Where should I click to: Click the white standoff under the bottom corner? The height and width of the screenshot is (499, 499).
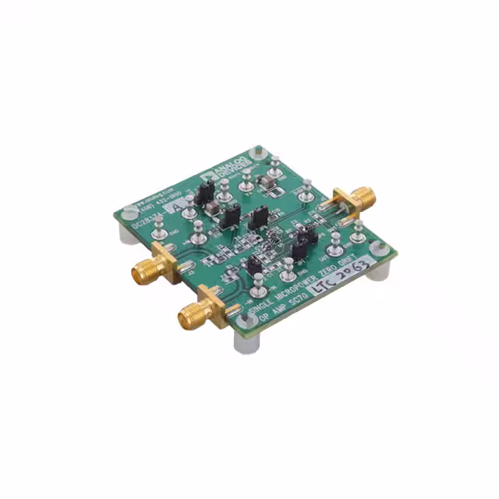coord(244,342)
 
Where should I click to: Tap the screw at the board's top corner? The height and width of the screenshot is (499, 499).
coord(259,151)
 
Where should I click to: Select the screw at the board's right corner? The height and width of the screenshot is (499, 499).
coord(379,249)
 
